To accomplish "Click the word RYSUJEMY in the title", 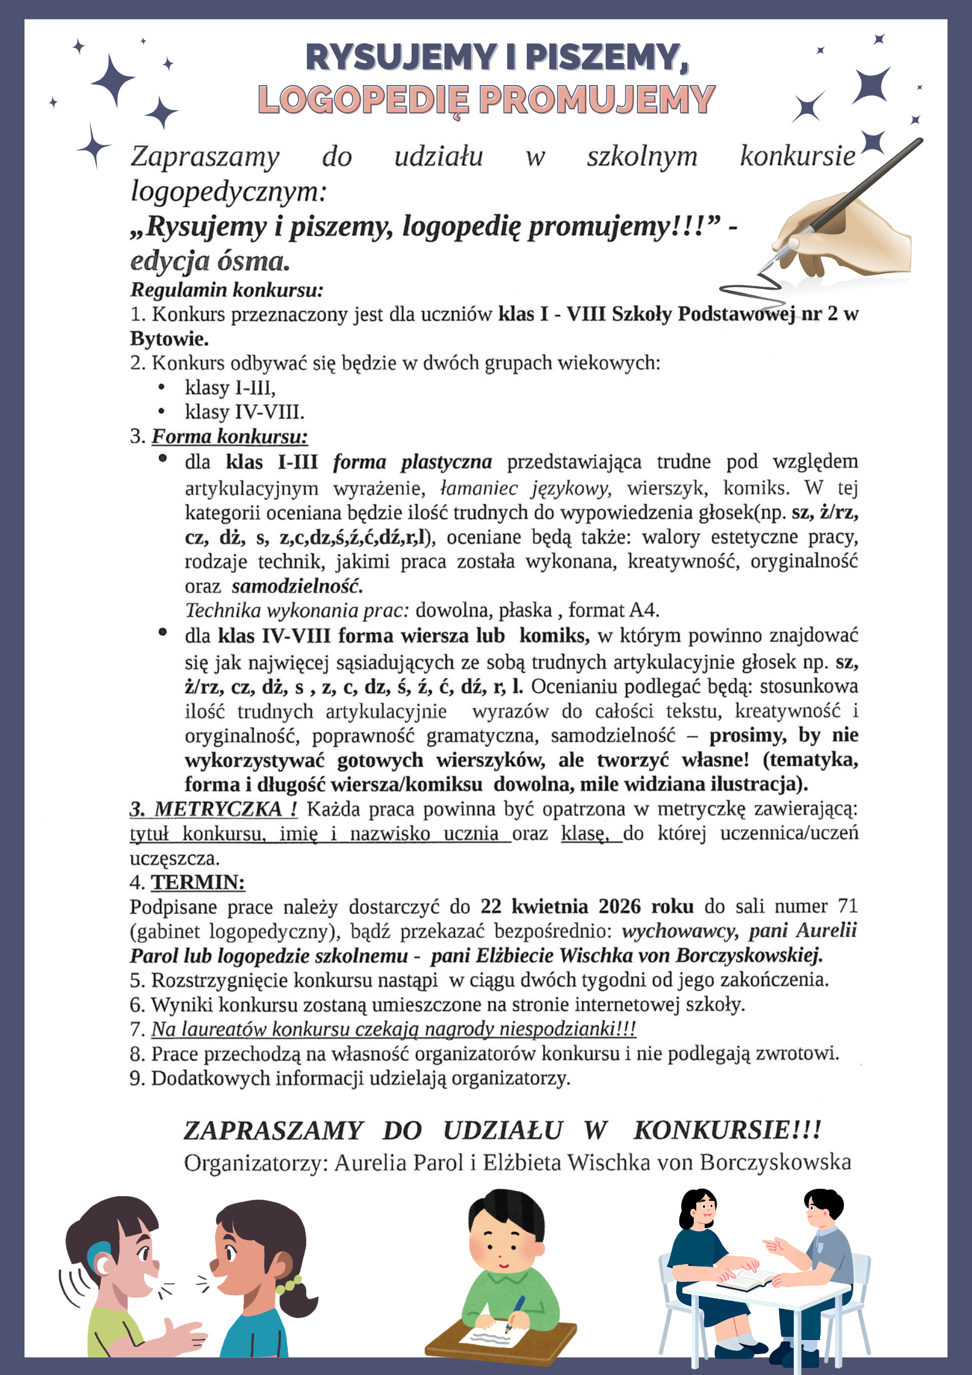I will [401, 58].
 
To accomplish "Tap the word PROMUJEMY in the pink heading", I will [597, 100].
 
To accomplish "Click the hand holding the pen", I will [851, 236].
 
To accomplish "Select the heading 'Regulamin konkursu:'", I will [227, 290].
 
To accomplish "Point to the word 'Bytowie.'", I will [169, 339].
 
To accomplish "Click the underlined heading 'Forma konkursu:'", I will [230, 437].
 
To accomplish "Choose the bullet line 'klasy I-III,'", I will [230, 388].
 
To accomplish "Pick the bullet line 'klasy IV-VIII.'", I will [244, 412].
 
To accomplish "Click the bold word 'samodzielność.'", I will [297, 586].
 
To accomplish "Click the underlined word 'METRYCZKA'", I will [217, 809].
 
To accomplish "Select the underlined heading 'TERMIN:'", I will [198, 883].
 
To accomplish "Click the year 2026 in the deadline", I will [619, 906].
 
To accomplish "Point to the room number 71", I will [848, 906].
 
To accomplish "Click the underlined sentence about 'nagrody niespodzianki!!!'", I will [394, 1029].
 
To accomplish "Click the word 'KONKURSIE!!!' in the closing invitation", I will [727, 1131].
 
